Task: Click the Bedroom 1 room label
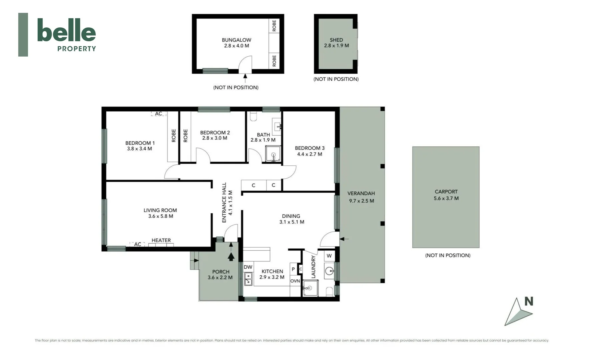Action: [140, 143]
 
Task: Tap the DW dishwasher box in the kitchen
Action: [248, 267]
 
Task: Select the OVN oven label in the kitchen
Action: [295, 281]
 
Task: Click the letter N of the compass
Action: [529, 301]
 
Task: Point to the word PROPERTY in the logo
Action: [76, 49]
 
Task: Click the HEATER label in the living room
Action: [161, 240]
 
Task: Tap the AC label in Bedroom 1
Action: [158, 114]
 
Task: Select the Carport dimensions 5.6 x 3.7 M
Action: [446, 198]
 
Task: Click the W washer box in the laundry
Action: [329, 256]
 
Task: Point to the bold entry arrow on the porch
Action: [231, 256]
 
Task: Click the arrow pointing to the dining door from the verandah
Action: [344, 239]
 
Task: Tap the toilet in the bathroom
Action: [253, 116]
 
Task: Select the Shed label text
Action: [336, 40]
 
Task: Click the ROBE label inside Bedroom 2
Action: [185, 136]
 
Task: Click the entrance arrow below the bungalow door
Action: [245, 78]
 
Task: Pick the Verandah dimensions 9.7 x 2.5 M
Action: [361, 201]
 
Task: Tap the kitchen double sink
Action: [248, 279]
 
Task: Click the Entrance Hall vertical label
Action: [224, 202]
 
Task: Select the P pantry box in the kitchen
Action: [293, 269]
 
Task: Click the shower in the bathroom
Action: [273, 154]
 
